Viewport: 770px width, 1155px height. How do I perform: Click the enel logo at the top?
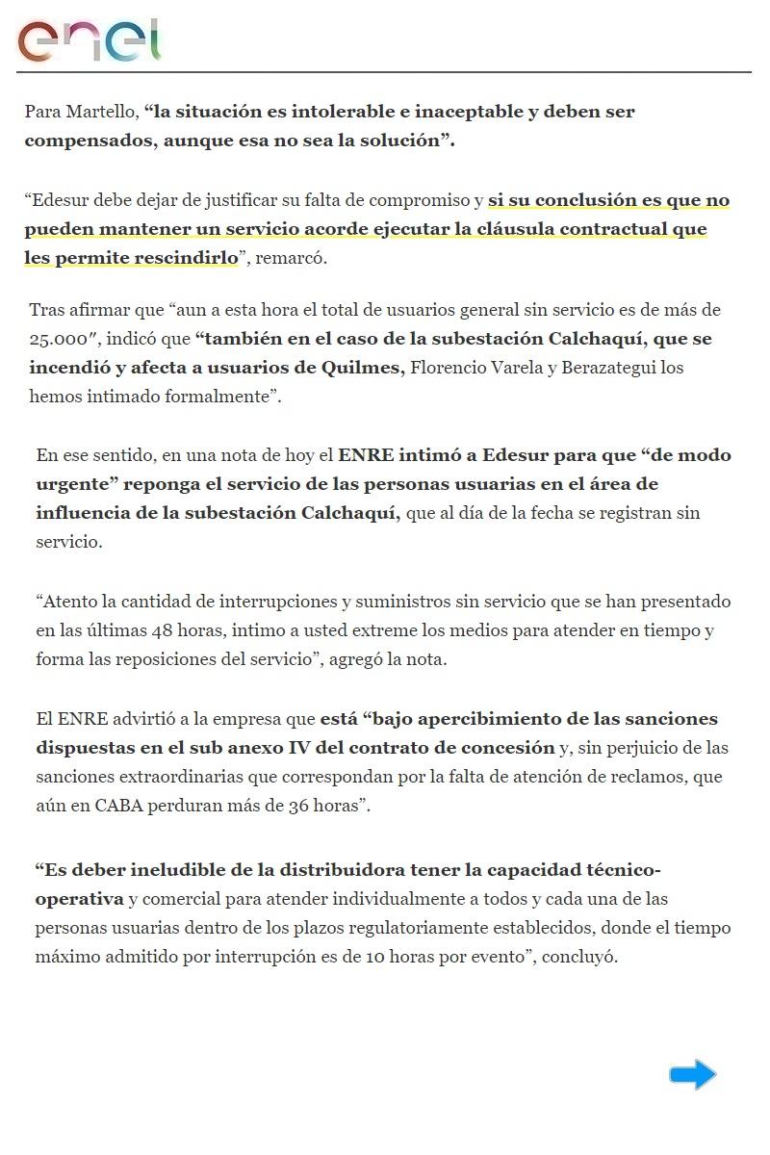pyautogui.click(x=89, y=39)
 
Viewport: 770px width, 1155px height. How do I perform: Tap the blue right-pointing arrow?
pyautogui.click(x=693, y=1074)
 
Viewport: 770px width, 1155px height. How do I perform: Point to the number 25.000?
pyautogui.click(x=63, y=340)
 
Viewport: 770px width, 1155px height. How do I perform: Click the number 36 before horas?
pyautogui.click(x=298, y=806)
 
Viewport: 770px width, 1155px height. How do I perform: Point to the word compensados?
pyautogui.click(x=83, y=141)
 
